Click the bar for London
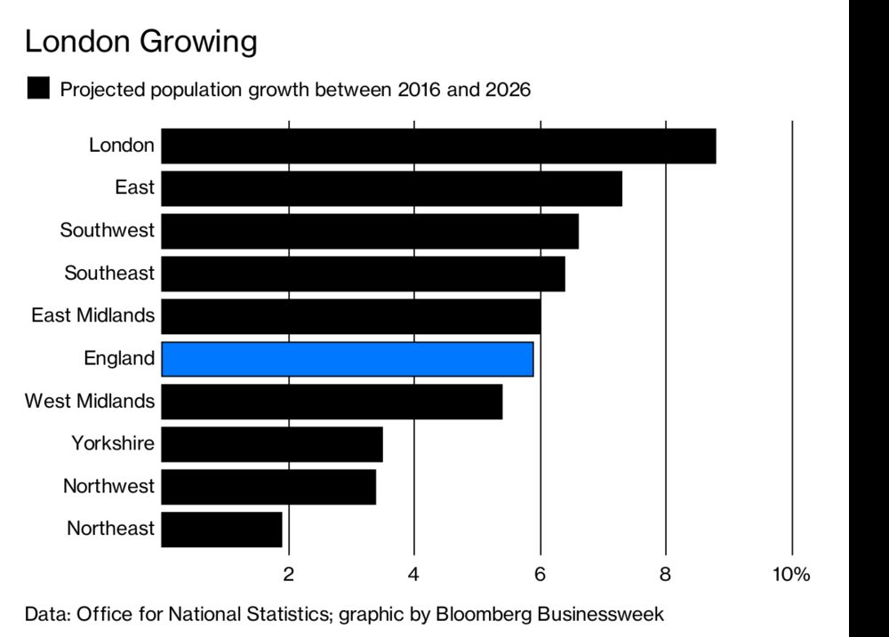pyautogui.click(x=438, y=146)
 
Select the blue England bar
pyautogui.click(x=348, y=359)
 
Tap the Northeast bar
pyautogui.click(x=221, y=530)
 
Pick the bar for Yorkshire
pyautogui.click(x=272, y=444)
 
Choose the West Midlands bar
pyautogui.click(x=332, y=402)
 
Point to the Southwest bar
pyautogui.click(x=370, y=231)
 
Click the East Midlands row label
pyautogui.click(x=93, y=315)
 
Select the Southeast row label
pyautogui.click(x=109, y=273)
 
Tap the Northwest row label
pyautogui.click(x=108, y=486)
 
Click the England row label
pyautogui.click(x=119, y=358)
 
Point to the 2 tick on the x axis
pyautogui.click(x=288, y=574)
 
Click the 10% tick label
pyautogui.click(x=790, y=574)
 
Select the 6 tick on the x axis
pyautogui.click(x=540, y=574)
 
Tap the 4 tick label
pyautogui.click(x=413, y=574)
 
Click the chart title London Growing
pyautogui.click(x=140, y=41)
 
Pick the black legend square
pyautogui.click(x=38, y=89)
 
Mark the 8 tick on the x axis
pyautogui.click(x=665, y=574)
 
